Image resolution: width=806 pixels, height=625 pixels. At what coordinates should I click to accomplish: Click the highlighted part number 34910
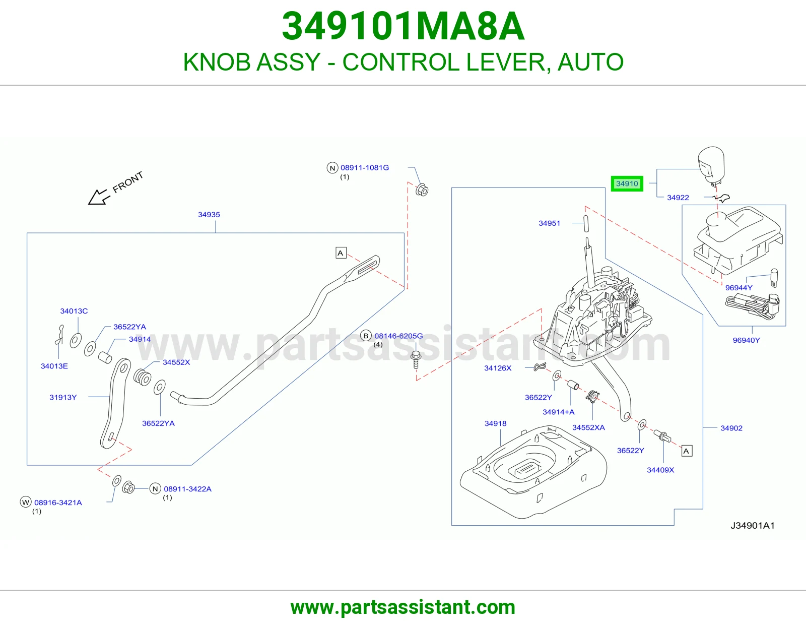point(627,183)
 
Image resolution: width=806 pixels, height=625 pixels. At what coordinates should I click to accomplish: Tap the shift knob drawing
point(711,166)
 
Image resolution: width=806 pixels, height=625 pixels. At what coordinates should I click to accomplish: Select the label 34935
point(209,215)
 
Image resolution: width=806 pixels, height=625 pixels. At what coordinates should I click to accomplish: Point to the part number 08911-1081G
point(365,168)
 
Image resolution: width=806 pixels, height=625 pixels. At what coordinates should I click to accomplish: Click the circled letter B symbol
point(366,336)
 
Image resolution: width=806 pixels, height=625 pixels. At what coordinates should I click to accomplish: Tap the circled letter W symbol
point(25,503)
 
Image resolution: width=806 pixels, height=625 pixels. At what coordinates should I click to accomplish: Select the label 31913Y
point(63,398)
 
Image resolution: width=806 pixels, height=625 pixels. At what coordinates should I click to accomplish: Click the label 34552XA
point(588,427)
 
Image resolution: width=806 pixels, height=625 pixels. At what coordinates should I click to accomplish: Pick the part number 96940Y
point(746,340)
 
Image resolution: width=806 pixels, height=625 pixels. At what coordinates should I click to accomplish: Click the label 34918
point(495,423)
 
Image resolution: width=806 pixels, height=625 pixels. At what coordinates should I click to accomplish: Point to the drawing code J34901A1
point(753,526)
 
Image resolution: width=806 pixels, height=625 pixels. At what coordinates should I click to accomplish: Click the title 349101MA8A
point(403,27)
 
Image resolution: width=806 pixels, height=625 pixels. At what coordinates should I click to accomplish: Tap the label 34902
point(731,428)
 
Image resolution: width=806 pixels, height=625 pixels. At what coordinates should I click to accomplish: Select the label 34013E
point(54,366)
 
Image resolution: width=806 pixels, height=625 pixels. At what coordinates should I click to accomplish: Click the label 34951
point(549,223)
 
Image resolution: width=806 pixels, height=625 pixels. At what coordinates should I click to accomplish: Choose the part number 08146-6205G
point(398,336)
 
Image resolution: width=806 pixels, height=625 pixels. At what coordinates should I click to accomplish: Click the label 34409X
point(660,470)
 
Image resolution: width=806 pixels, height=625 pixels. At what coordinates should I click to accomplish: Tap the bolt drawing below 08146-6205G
point(416,360)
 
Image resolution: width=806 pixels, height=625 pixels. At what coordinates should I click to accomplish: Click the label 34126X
point(498,368)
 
